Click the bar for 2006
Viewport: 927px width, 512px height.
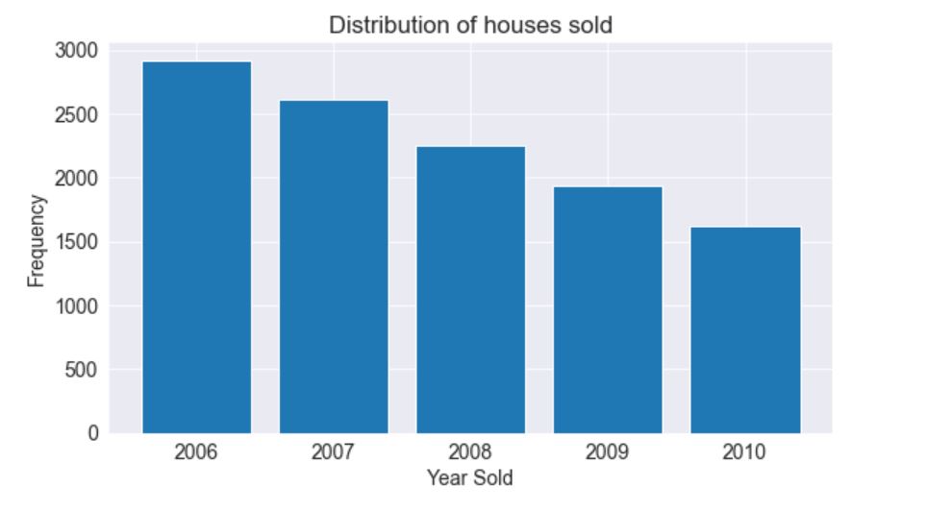[x=196, y=247]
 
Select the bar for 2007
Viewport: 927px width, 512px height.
[x=334, y=266]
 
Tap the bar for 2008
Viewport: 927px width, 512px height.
[x=470, y=289]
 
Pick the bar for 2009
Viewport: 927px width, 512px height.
[x=608, y=309]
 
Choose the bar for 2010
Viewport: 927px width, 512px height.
[x=745, y=329]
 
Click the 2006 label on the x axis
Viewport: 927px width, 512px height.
[x=196, y=452]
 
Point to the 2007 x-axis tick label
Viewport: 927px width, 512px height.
[x=334, y=452]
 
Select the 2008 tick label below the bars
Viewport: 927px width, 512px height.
[x=470, y=452]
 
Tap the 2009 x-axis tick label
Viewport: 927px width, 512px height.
[x=608, y=452]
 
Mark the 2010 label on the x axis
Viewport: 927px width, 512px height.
[x=745, y=452]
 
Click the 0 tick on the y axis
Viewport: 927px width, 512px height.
[x=92, y=433]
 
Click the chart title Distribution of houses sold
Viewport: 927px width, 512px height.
[x=470, y=26]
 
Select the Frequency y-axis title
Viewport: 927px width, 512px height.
[x=36, y=240]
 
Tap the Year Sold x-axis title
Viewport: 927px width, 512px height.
[x=470, y=478]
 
